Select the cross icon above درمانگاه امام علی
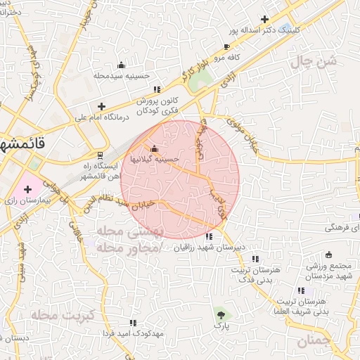point(102,106)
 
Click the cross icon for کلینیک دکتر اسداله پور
point(264,20)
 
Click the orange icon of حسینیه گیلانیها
point(155,148)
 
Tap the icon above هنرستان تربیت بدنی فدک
point(255,259)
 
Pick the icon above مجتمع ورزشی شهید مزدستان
point(328,255)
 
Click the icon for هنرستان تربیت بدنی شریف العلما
point(301,290)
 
